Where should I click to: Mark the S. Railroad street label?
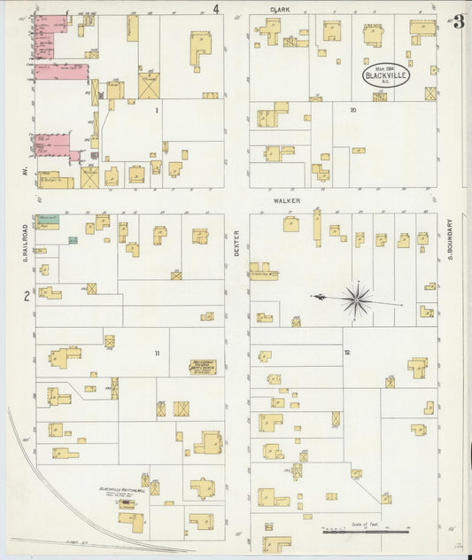click(x=27, y=242)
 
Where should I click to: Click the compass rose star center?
click(x=356, y=299)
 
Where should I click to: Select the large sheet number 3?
click(x=458, y=22)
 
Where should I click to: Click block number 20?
click(x=352, y=110)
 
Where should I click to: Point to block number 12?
click(x=347, y=353)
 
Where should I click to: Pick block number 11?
click(x=157, y=354)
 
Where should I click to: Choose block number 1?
click(x=157, y=110)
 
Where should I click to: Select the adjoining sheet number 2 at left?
click(x=27, y=297)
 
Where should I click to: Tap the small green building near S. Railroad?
click(x=74, y=240)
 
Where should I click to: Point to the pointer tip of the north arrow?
click(x=312, y=296)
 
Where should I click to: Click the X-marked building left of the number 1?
click(x=148, y=87)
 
